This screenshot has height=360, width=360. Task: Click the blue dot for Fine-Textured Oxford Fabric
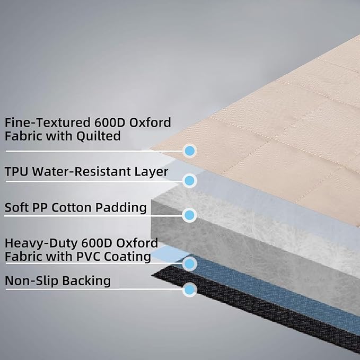(x=190, y=151)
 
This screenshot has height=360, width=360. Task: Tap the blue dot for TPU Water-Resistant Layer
(x=190, y=180)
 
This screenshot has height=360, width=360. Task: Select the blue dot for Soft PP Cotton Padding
(x=189, y=215)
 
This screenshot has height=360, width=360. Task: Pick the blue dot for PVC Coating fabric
(x=190, y=264)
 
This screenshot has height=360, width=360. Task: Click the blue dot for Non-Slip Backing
(x=190, y=289)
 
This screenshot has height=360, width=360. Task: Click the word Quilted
(x=98, y=136)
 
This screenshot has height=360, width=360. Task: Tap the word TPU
(x=16, y=171)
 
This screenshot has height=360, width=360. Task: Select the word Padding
(x=121, y=208)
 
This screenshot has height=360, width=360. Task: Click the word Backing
(x=86, y=282)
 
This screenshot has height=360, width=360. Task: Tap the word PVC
(x=88, y=257)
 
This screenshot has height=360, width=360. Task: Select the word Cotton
(x=72, y=207)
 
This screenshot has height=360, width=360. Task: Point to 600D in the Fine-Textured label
(x=110, y=122)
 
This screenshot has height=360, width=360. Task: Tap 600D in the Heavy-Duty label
(x=96, y=243)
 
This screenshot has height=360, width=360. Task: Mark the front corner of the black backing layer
(x=152, y=274)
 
